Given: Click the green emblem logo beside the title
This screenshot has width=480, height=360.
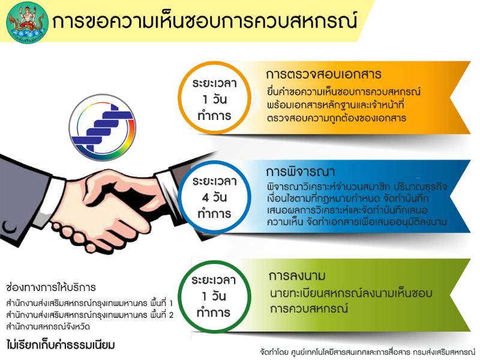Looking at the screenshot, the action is pyautogui.click(x=27, y=22).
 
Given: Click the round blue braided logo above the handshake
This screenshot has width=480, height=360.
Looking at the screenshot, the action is pyautogui.click(x=102, y=127).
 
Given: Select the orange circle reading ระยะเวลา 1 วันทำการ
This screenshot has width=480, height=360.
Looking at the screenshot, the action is pyautogui.click(x=214, y=98).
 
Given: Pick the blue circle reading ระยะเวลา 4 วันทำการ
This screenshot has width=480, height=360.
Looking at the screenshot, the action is pyautogui.click(x=214, y=197).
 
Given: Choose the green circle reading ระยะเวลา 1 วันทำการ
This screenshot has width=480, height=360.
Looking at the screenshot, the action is pyautogui.click(x=214, y=296).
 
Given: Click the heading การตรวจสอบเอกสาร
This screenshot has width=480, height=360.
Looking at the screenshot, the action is pyautogui.click(x=323, y=74).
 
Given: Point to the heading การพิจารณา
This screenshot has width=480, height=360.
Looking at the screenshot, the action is pyautogui.click(x=301, y=172).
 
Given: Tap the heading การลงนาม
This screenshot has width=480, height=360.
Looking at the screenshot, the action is pyautogui.click(x=296, y=276).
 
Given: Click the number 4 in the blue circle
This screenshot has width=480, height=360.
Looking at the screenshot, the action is pyautogui.click(x=205, y=198).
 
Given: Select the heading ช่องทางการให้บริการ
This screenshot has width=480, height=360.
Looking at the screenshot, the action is pyautogui.click(x=51, y=287).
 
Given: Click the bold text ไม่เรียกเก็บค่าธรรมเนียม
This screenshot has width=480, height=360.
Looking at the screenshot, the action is pyautogui.click(x=61, y=344).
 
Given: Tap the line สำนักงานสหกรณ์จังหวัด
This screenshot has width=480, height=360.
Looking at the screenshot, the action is pyautogui.click(x=48, y=326).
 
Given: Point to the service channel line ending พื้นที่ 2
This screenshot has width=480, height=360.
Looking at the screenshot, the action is pyautogui.click(x=89, y=314).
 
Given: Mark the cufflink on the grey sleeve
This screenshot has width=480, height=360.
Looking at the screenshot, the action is pyautogui.click(x=9, y=227).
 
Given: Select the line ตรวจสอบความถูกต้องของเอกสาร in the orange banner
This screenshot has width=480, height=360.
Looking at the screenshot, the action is pyautogui.click(x=337, y=118).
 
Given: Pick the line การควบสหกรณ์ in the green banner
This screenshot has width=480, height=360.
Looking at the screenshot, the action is pyautogui.click(x=309, y=308).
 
